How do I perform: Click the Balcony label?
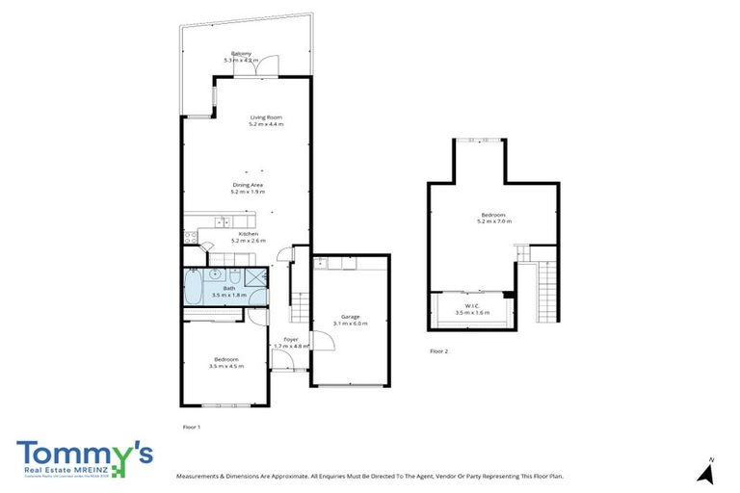click(241, 53)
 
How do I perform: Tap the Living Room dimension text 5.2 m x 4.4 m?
click(267, 125)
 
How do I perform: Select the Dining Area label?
click(248, 185)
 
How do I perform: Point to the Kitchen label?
click(248, 233)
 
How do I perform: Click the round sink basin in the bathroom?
click(215, 274)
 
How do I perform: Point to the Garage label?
click(350, 317)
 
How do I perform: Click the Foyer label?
click(290, 340)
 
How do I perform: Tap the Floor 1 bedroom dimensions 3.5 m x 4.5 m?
click(226, 366)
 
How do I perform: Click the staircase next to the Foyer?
click(300, 306)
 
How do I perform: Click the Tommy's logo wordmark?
click(84, 452)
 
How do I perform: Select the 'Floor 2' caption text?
click(439, 352)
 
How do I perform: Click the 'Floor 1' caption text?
click(192, 425)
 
